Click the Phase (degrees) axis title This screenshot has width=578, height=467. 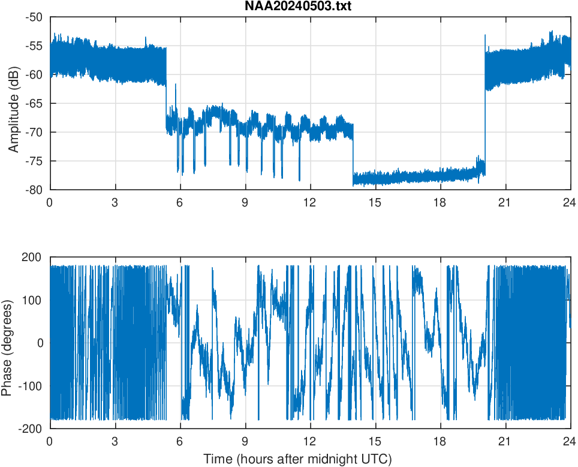7,343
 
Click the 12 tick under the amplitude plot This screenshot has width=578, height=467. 310,202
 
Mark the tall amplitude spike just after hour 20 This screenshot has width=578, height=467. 484,37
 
